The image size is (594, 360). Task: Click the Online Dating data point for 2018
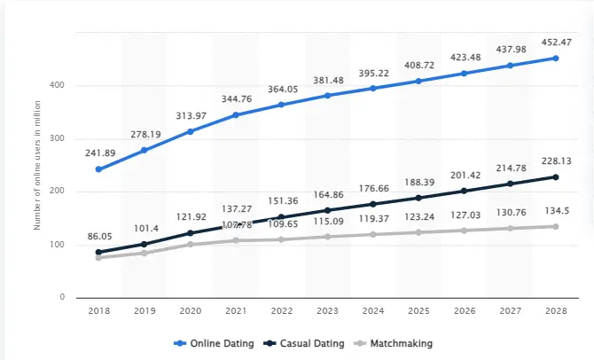coord(98,169)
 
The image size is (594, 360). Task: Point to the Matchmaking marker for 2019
coord(144,254)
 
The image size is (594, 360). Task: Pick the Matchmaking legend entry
coord(400,342)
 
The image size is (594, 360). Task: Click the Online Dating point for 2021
coord(235,114)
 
